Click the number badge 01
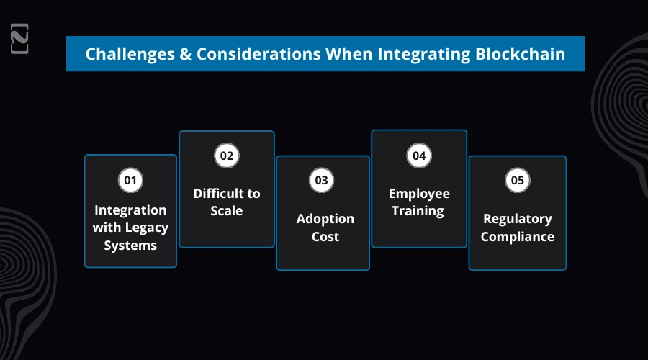click(130, 180)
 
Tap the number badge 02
click(227, 156)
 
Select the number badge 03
click(322, 180)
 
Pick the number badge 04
click(418, 156)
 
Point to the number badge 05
click(517, 180)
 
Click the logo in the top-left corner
click(19, 39)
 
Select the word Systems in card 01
click(130, 245)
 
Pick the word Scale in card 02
click(226, 211)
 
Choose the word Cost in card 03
click(325, 236)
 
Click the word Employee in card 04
click(419, 194)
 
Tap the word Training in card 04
click(418, 211)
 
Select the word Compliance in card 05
click(517, 236)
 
